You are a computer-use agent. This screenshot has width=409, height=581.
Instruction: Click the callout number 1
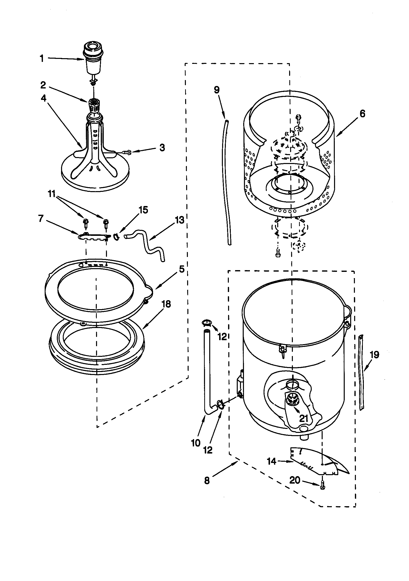click(x=42, y=59)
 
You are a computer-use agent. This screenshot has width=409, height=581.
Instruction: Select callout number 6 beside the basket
click(x=362, y=114)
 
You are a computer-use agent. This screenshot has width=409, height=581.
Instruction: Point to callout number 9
click(x=217, y=89)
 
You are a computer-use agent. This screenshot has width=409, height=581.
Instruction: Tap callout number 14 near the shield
click(x=272, y=461)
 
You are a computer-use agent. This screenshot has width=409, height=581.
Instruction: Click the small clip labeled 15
click(x=116, y=236)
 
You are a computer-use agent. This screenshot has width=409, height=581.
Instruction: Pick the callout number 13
click(x=179, y=220)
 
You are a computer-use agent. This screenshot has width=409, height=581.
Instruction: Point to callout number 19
click(x=374, y=355)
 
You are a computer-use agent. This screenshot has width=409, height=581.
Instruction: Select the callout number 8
click(x=207, y=480)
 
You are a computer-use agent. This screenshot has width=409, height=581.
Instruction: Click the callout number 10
click(x=196, y=443)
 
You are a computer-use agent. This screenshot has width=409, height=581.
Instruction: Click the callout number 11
click(x=52, y=194)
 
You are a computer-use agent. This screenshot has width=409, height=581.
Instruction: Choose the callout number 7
click(x=41, y=218)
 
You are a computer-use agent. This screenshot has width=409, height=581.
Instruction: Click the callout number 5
click(x=182, y=269)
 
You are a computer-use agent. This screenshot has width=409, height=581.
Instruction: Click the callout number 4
click(x=44, y=98)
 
